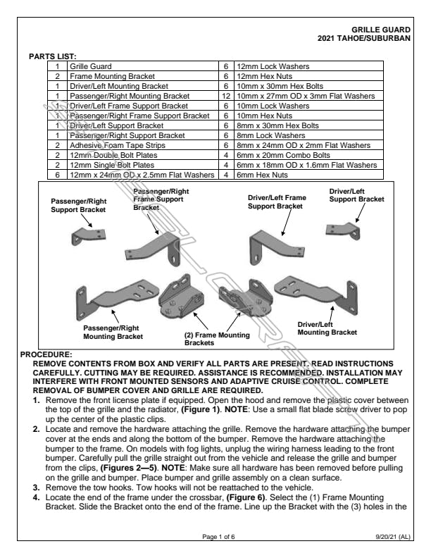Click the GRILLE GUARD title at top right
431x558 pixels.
tap(385, 30)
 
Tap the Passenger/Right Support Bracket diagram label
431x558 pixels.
tap(77, 205)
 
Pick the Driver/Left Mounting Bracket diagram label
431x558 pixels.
tap(327, 328)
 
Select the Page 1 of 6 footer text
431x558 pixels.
tap(216, 537)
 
